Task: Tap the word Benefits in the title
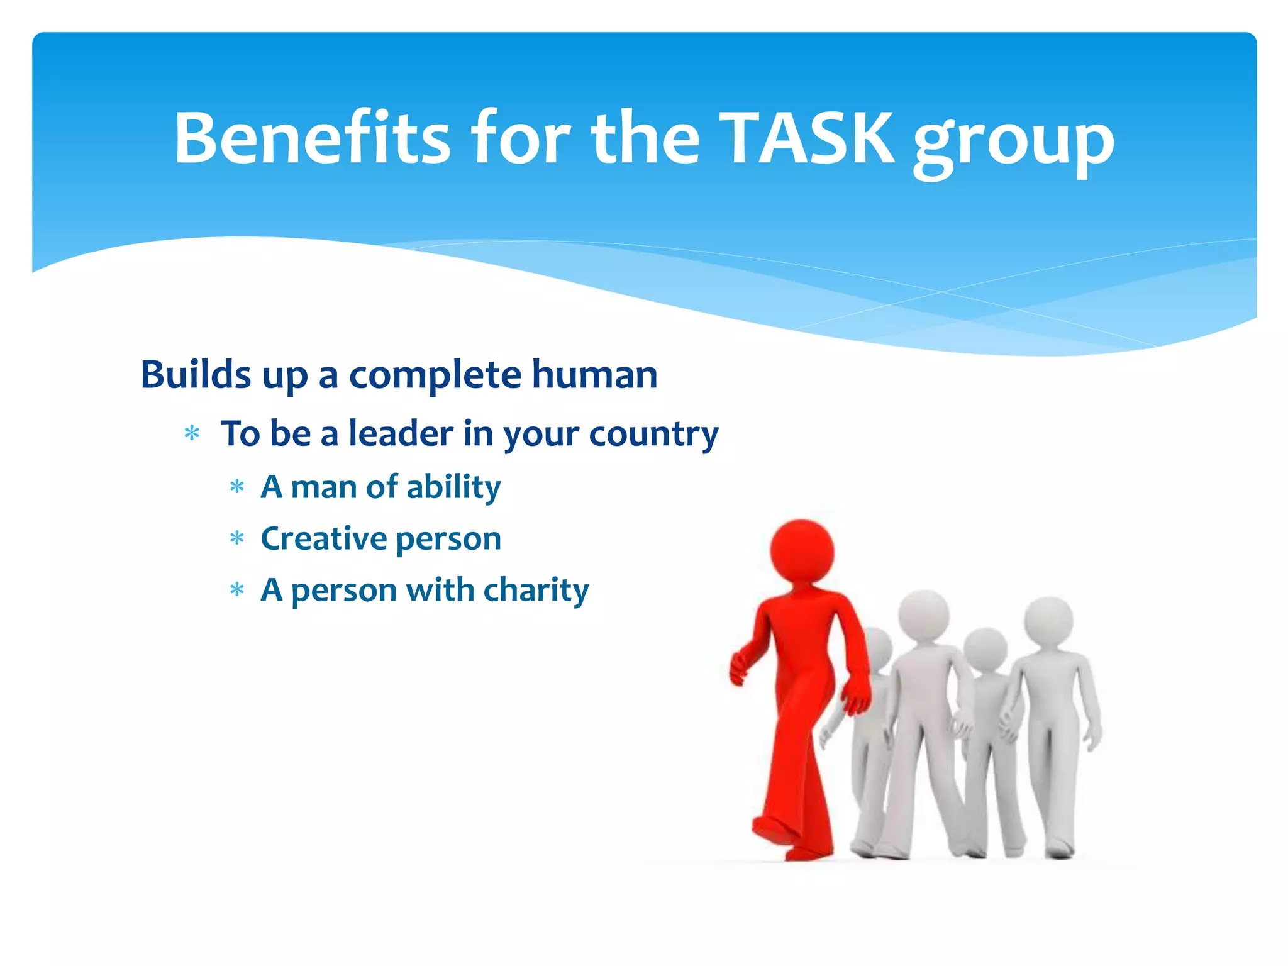(x=312, y=138)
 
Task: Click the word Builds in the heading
(x=196, y=375)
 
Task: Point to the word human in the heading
(x=594, y=375)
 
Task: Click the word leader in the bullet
(x=401, y=433)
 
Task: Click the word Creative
(x=323, y=539)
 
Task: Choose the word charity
(x=536, y=591)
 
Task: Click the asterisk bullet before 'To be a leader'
(x=192, y=433)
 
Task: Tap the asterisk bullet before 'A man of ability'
(x=236, y=487)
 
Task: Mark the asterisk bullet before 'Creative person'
(x=236, y=538)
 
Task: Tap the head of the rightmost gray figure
(x=1048, y=619)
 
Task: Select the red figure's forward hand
(x=738, y=670)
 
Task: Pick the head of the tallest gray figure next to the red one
(x=923, y=614)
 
